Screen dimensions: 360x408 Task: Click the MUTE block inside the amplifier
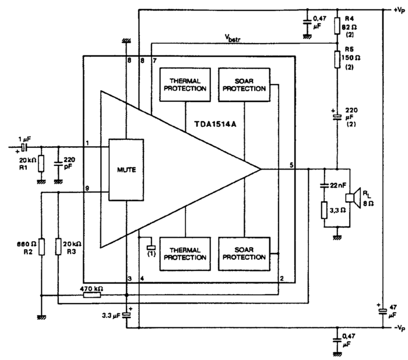tap(126, 170)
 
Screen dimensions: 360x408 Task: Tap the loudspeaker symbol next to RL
tap(350, 198)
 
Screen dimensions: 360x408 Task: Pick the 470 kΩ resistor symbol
tap(92, 295)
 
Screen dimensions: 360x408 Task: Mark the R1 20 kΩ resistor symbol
tap(41, 164)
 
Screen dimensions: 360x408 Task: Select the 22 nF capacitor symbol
tap(325, 185)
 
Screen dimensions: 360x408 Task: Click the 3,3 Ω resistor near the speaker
tap(325, 210)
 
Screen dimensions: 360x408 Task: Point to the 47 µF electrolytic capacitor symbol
tap(383, 312)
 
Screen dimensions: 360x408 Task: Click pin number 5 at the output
tap(291, 165)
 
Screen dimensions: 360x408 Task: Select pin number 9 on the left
tap(86, 188)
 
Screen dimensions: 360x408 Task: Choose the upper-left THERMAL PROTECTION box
tap(185, 85)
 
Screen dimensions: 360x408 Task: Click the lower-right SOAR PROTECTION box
tap(243, 253)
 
